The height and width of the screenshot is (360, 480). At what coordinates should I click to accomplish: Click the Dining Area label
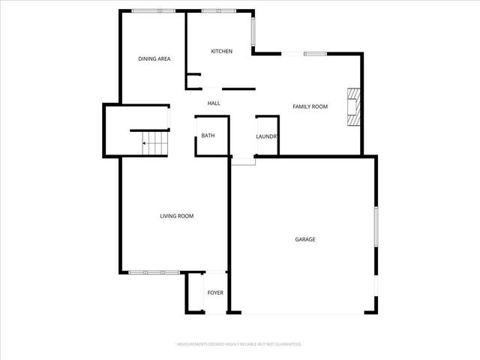pyautogui.click(x=154, y=58)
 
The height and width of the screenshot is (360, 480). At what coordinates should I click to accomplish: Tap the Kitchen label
pyautogui.click(x=221, y=51)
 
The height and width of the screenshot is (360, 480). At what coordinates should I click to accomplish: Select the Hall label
pyautogui.click(x=214, y=103)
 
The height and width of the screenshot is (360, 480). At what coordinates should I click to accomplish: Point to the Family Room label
pyautogui.click(x=310, y=106)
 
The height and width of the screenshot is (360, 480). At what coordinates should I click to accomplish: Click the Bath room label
pyautogui.click(x=208, y=136)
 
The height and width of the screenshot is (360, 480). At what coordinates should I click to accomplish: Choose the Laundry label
pyautogui.click(x=267, y=136)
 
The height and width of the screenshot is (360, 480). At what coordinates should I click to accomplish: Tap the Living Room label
pyautogui.click(x=177, y=216)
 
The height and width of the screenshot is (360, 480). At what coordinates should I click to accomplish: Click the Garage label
pyautogui.click(x=304, y=239)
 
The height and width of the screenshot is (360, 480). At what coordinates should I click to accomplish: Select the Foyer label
pyautogui.click(x=215, y=292)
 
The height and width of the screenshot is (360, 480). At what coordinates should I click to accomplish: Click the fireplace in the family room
pyautogui.click(x=353, y=106)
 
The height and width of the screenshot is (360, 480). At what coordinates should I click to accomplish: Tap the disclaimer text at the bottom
pyautogui.click(x=238, y=344)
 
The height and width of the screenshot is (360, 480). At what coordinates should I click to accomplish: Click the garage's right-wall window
pyautogui.click(x=376, y=226)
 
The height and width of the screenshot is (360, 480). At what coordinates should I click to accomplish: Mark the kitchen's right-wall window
pyautogui.click(x=253, y=32)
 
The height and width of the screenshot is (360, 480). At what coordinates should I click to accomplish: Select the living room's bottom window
pyautogui.click(x=154, y=272)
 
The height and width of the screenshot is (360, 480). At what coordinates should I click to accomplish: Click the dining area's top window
pyautogui.click(x=154, y=10)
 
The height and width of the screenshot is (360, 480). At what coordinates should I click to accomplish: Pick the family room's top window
pyautogui.click(x=304, y=53)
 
